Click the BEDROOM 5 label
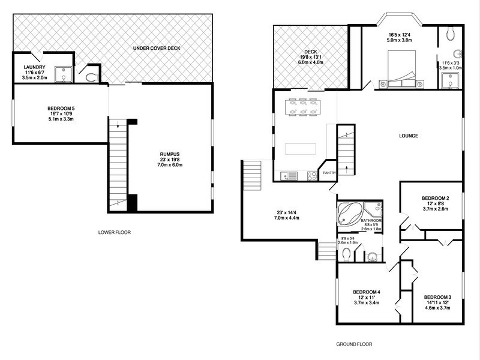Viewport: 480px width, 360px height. [61, 109]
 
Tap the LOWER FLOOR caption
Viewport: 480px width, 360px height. [114, 232]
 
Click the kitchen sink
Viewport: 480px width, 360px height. [292, 176]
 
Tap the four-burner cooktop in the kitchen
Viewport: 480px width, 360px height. [313, 176]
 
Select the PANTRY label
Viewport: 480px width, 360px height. [329, 173]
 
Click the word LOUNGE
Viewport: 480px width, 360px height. [408, 136]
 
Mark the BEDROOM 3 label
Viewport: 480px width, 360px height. [437, 297]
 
